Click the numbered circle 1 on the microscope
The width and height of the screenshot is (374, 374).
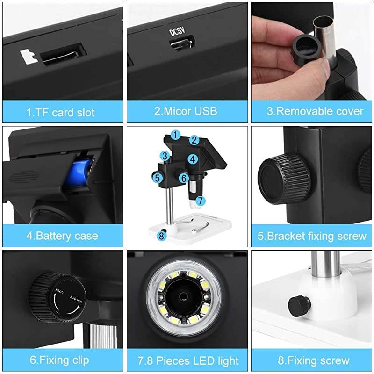point(175,135)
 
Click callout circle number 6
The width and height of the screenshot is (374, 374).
point(184,178)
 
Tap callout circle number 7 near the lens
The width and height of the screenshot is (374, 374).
point(201,201)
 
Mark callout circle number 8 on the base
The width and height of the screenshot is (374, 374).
point(162,236)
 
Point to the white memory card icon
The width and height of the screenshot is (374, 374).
point(29,57)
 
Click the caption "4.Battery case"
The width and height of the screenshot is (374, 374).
point(62,236)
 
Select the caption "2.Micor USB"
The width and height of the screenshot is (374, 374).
point(186,111)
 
